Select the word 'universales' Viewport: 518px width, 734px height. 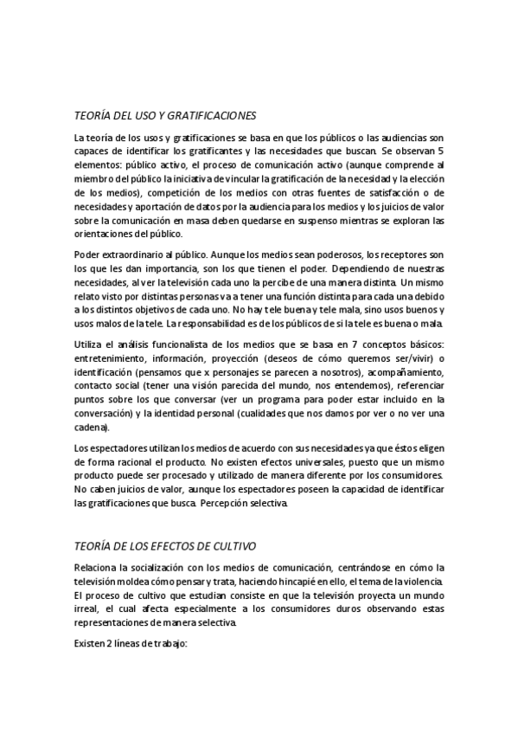(276, 465)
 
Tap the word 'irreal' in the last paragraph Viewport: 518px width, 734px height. (88, 608)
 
